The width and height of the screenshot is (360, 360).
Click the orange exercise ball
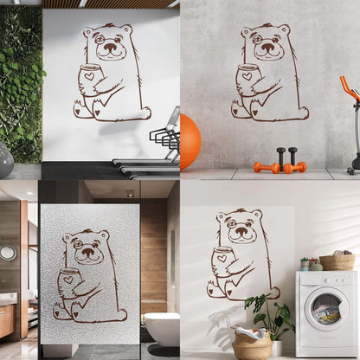(190, 141)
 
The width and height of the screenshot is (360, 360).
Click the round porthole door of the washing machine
(326, 309)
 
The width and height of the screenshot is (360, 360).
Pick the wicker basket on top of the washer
(337, 261)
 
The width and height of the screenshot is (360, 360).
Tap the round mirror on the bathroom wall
(8, 253)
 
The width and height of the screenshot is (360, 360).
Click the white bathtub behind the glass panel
(161, 328)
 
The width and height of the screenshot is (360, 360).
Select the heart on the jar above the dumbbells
(247, 75)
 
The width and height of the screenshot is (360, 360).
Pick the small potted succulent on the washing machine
(305, 263)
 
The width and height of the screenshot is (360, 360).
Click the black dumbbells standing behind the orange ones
(286, 156)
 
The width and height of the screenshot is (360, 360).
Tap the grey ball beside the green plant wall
(4, 159)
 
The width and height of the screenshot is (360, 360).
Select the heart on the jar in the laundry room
(222, 258)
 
